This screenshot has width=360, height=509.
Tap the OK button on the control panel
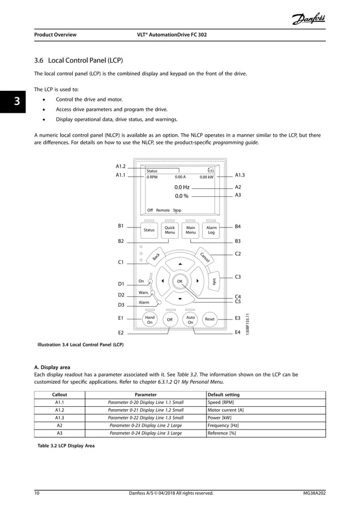click(179, 280)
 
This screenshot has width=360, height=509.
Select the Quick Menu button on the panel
click(170, 230)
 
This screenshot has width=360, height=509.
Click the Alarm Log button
click(212, 230)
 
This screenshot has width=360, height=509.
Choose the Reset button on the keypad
click(210, 319)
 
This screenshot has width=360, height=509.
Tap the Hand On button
click(150, 319)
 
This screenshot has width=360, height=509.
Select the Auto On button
click(190, 319)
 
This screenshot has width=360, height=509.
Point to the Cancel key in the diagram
click(204, 257)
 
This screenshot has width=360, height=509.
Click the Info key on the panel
click(214, 282)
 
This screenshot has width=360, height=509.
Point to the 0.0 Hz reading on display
click(182, 187)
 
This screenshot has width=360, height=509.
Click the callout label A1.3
click(240, 175)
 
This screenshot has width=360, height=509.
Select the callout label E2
click(121, 333)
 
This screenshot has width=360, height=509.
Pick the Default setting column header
click(224, 394)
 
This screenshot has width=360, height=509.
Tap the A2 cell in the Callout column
click(59, 425)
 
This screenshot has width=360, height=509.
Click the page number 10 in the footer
click(37, 493)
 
